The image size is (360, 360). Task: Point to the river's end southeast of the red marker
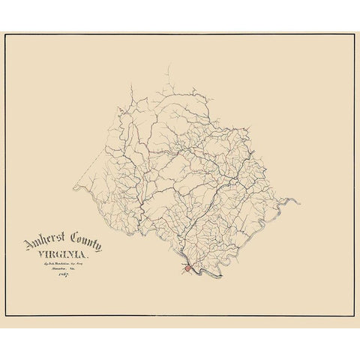coord(223,275)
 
